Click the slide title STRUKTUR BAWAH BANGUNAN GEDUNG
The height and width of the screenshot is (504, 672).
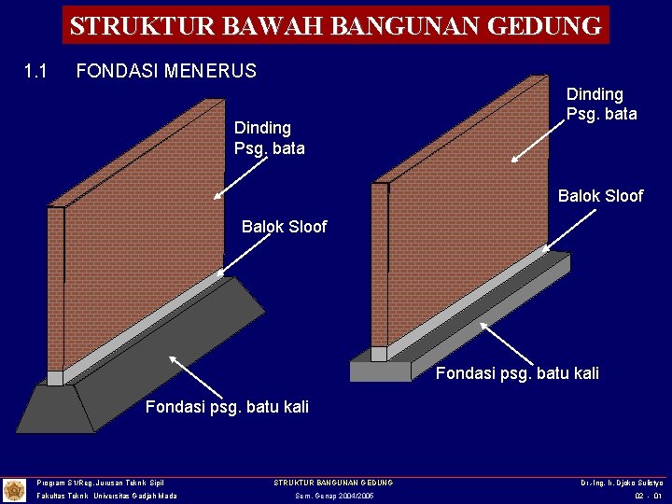tap(336, 25)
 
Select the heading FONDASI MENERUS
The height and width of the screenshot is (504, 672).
tap(165, 71)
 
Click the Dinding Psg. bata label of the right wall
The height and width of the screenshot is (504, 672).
tap(601, 104)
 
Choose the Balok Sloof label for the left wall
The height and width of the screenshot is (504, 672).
tap(284, 227)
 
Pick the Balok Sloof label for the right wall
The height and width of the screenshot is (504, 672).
tap(600, 196)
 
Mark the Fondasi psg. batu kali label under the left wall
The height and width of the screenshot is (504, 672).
tap(227, 407)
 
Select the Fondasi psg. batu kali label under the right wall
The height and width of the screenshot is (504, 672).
tap(517, 373)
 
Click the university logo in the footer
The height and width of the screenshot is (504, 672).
tap(14, 489)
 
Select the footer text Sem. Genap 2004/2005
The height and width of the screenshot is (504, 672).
tap(333, 496)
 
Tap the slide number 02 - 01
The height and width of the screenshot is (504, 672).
tap(647, 496)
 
